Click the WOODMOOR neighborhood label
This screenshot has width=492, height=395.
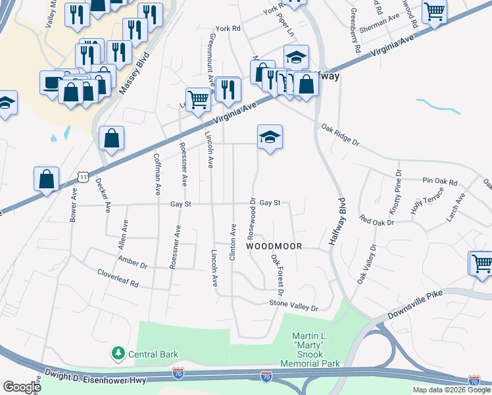pyautogui.click(x=274, y=246)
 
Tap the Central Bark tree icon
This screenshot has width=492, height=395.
pyautogui.click(x=118, y=354)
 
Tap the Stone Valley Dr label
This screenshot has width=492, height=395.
pyautogui.click(x=293, y=305)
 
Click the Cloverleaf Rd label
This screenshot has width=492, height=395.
pyautogui.click(x=118, y=278)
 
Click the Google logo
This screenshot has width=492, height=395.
pyautogui.click(x=22, y=387)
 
